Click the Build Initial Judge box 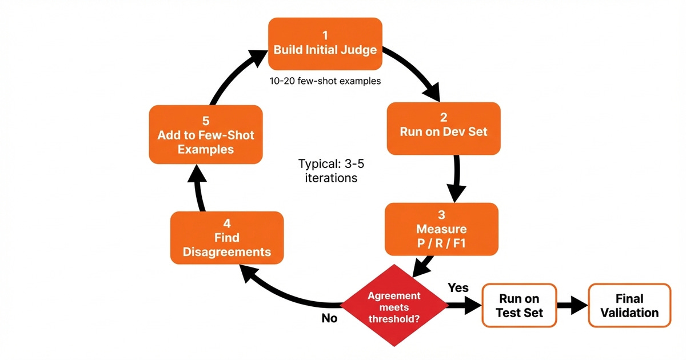(x=325, y=43)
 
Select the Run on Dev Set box (x=443, y=128)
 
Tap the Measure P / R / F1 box (x=441, y=229)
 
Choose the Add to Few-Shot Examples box (x=205, y=135)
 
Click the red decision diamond (x=394, y=306)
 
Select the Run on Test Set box (x=519, y=306)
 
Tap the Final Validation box (x=629, y=306)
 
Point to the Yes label (x=458, y=287)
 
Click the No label (x=329, y=318)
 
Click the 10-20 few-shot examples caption (x=325, y=81)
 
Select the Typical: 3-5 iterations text (x=328, y=170)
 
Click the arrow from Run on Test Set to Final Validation (x=572, y=306)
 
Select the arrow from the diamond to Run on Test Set (x=463, y=306)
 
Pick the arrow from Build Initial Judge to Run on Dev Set (x=414, y=71)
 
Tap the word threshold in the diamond (x=394, y=318)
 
